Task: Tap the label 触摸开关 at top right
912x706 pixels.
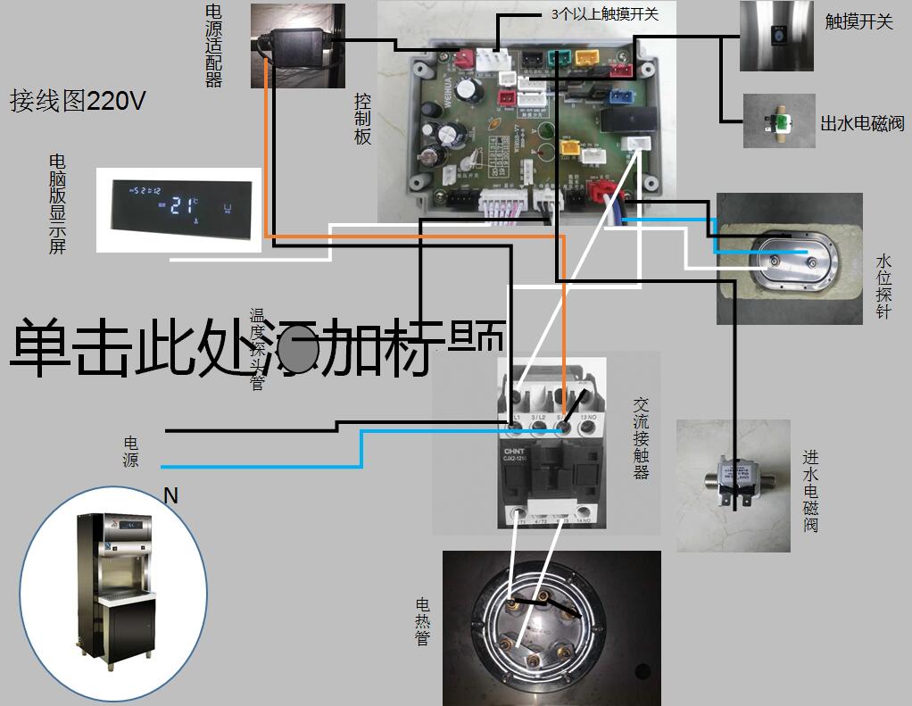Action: (858, 22)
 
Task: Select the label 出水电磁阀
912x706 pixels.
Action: (862, 122)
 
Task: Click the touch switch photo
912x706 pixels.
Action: (777, 37)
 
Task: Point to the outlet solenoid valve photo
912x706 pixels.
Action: (779, 120)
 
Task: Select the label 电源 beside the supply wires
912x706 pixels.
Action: (131, 453)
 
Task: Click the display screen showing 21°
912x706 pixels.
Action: (178, 209)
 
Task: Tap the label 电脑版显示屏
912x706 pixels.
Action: (57, 203)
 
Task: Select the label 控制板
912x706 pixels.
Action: (362, 118)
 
